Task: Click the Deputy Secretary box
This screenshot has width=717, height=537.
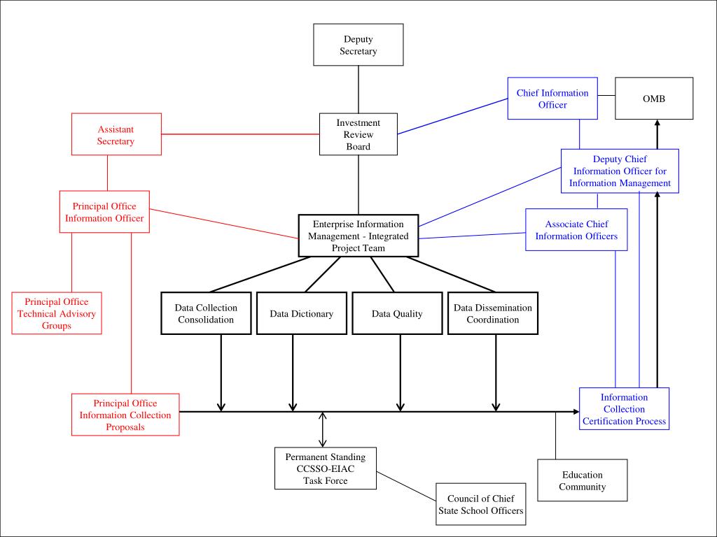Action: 358,45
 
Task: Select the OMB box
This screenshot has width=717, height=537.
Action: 654,98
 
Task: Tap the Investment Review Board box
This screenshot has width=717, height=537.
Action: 358,134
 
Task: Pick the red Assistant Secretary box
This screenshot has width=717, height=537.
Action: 117,134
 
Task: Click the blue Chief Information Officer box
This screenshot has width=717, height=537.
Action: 552,98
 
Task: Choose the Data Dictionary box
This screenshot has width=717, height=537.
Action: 302,313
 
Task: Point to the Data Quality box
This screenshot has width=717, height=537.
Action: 397,313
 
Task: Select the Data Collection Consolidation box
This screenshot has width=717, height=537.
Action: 206,313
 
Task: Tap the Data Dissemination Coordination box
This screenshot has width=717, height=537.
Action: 493,313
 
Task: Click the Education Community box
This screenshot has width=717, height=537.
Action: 582,480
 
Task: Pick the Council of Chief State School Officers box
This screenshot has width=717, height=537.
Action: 480,504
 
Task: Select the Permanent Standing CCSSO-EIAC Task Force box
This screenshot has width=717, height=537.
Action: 326,468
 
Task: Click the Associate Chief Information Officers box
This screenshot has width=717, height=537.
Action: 576,229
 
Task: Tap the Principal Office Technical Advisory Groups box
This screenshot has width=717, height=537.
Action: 57,313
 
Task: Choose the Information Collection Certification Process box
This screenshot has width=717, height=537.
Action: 624,408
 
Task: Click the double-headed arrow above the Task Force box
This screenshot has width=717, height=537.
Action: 323,430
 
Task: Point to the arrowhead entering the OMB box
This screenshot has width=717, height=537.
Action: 657,123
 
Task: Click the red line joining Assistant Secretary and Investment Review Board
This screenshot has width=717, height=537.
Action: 241,134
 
